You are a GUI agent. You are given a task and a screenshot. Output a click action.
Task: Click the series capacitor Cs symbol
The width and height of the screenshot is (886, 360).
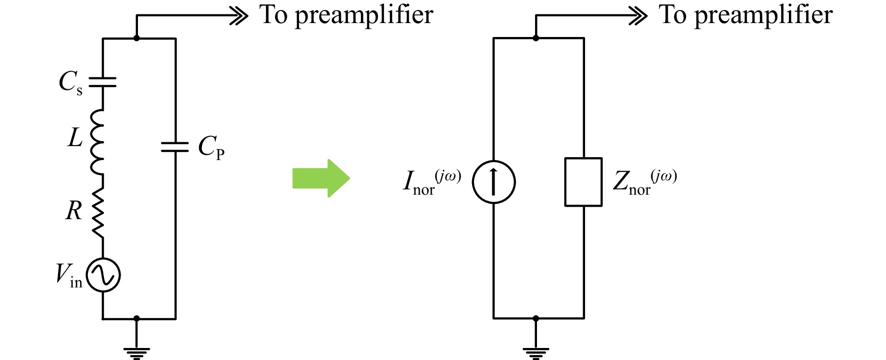point(103,82)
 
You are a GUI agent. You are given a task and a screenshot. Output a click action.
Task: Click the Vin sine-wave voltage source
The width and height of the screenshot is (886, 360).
point(103,275)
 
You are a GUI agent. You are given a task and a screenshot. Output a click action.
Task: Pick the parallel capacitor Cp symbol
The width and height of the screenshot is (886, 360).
point(175,147)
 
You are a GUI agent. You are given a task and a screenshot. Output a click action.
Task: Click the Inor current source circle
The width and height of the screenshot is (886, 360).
point(494,182)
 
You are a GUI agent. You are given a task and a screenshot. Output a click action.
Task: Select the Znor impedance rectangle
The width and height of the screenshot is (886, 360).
point(583,182)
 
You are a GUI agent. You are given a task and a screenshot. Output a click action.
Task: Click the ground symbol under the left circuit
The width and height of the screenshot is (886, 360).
point(137,353)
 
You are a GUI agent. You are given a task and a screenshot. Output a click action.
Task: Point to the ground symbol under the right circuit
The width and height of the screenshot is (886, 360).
point(536,353)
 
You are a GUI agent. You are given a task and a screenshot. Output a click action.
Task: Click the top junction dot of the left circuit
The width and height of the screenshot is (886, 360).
point(137,38)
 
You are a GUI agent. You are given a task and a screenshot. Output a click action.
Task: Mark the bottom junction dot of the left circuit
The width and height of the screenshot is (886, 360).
point(137,318)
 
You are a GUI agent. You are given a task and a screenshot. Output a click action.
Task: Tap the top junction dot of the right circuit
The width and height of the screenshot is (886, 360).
point(536,38)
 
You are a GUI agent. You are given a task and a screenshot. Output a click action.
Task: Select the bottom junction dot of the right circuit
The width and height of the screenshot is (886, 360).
point(536,318)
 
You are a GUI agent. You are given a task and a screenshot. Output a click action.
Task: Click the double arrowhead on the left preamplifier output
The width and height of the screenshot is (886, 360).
point(238,16)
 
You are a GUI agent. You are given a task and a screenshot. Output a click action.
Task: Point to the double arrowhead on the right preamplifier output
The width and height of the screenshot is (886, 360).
point(638,16)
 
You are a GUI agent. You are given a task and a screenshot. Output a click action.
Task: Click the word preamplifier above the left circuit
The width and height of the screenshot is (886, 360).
point(364,16)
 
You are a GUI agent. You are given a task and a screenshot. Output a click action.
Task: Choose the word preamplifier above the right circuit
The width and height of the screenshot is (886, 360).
point(763,16)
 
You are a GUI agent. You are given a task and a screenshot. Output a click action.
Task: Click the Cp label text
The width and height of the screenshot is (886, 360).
point(211,147)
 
